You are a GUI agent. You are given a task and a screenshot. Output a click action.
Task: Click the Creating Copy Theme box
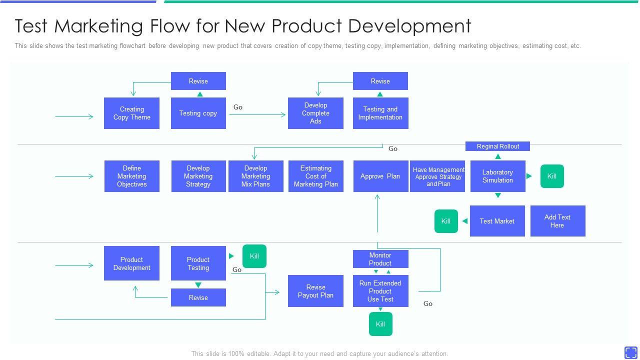click(x=131, y=113)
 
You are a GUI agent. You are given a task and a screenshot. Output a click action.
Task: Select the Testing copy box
click(x=198, y=113)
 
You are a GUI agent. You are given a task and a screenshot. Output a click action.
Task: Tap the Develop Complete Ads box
click(x=315, y=113)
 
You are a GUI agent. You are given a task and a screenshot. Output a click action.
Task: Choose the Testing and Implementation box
click(x=380, y=113)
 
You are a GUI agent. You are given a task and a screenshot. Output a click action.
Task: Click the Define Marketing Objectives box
click(x=132, y=176)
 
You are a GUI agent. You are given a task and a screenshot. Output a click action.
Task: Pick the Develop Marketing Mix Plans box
click(x=256, y=176)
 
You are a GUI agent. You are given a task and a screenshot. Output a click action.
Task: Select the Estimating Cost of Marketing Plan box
click(x=316, y=176)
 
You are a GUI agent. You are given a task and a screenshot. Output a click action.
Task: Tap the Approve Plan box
click(x=381, y=176)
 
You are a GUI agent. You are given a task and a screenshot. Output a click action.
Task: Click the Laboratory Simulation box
click(x=497, y=176)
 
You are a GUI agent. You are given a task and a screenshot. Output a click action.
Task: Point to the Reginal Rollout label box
click(x=497, y=146)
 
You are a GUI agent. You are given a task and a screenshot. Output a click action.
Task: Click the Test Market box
click(x=497, y=221)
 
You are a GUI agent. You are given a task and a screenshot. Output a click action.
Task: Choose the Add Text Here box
click(x=557, y=221)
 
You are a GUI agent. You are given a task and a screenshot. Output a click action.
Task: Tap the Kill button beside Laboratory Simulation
click(x=552, y=176)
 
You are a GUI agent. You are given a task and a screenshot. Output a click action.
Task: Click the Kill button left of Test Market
click(x=446, y=221)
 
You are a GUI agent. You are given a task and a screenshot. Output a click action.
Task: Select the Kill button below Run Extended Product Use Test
click(x=380, y=324)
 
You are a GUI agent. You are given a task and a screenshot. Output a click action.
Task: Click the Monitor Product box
click(x=380, y=259)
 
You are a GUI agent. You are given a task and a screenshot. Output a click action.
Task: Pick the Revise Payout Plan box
click(x=315, y=291)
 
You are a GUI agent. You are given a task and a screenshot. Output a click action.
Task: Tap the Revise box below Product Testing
click(x=198, y=297)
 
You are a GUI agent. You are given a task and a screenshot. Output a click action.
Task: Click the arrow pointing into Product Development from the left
click(x=74, y=265)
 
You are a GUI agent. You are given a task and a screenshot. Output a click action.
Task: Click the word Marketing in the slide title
click(x=98, y=26)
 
